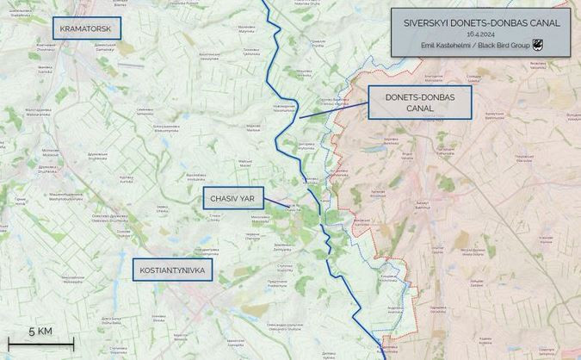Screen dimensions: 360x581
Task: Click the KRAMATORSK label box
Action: [x=87, y=28]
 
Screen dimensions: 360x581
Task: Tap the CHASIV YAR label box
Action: [x=233, y=199]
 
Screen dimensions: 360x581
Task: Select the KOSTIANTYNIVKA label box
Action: [x=173, y=270]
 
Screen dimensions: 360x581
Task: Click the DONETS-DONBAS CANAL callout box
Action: [x=419, y=102]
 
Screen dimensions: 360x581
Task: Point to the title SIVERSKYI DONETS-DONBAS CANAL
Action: [x=481, y=22]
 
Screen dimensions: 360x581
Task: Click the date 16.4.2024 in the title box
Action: [x=481, y=34]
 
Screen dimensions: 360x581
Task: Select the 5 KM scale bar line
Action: [x=41, y=344]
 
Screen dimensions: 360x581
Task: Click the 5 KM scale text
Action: [x=40, y=332]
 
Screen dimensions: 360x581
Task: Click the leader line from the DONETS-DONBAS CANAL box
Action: [x=334, y=110]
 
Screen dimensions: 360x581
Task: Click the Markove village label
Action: [x=254, y=128]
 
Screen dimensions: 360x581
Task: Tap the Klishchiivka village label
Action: [x=390, y=277]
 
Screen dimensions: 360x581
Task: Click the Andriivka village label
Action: [x=395, y=309]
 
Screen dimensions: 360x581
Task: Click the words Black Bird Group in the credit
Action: [x=505, y=45]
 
